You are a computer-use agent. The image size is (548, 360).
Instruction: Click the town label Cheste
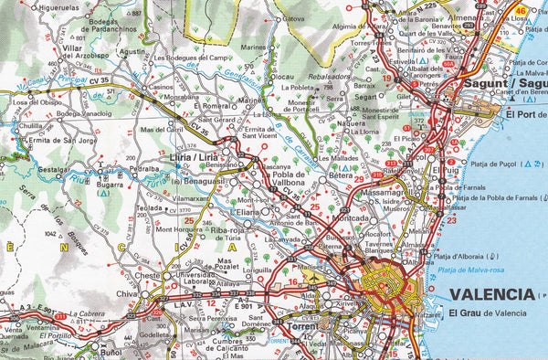click(x=147, y=275)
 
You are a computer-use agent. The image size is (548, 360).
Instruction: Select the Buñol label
click(x=111, y=351)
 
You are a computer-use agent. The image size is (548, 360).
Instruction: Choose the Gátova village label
click(x=294, y=18)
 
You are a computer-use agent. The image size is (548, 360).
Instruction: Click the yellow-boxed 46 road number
click(x=521, y=10)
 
